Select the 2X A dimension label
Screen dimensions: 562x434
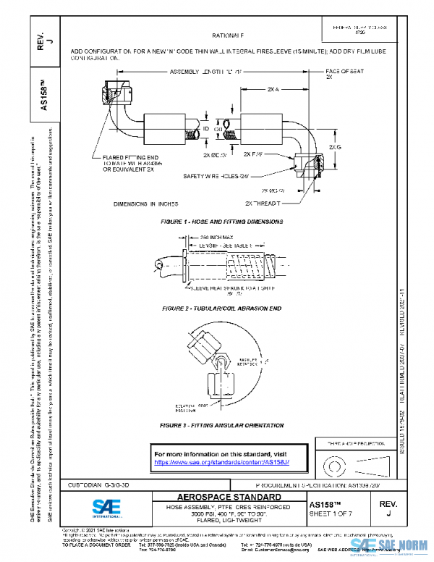(273, 89)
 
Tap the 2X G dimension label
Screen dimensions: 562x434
(335, 147)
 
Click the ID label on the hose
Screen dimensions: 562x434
(205, 128)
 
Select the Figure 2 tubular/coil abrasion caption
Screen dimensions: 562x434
(221, 309)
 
